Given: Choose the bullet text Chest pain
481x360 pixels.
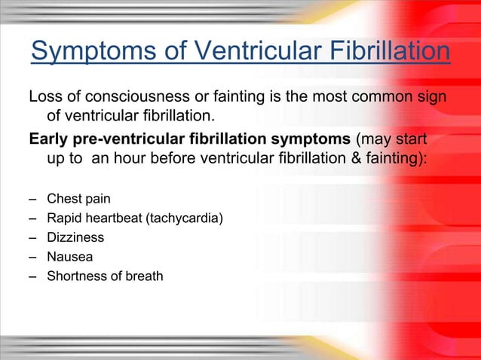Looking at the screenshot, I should click(78, 200).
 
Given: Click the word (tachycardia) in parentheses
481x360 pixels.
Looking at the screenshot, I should click(185, 218).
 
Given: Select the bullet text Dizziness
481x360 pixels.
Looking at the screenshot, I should click(75, 237).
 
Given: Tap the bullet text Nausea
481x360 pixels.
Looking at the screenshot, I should click(69, 257).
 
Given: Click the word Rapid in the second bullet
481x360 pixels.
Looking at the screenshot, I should click(63, 218).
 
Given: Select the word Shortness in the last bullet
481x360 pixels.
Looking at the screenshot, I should click(75, 276).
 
